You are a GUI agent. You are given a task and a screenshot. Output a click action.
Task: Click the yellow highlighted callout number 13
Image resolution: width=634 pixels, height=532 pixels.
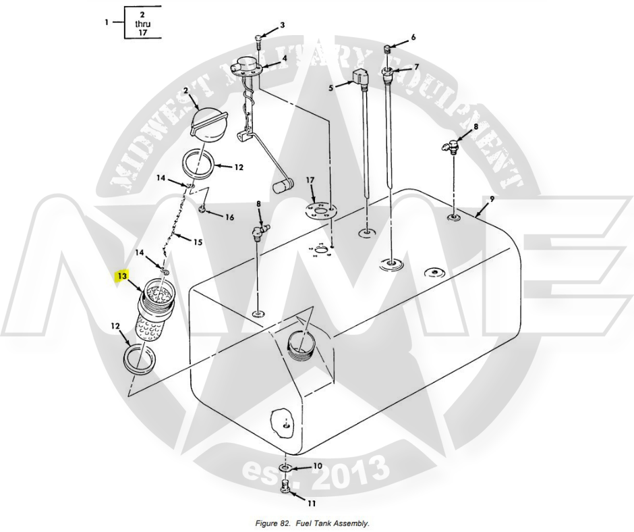click(122, 276)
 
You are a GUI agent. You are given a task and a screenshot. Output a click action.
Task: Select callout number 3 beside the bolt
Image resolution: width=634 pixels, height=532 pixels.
click(283, 25)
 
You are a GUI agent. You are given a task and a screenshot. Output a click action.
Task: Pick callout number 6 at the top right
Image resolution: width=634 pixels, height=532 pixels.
click(413, 36)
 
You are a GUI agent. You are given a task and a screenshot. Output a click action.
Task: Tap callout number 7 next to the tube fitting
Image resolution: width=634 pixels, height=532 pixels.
click(417, 67)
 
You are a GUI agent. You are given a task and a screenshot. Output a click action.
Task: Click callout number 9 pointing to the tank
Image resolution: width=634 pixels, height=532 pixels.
click(492, 200)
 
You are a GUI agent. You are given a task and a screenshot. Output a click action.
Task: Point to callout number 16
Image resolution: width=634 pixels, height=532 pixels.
click(229, 217)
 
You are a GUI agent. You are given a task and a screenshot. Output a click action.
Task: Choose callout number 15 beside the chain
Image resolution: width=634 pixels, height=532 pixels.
click(198, 242)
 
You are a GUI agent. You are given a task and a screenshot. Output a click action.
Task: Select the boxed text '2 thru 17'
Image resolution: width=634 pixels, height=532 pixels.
click(142, 22)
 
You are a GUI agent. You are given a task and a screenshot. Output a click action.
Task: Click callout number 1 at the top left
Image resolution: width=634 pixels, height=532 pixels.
click(106, 22)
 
